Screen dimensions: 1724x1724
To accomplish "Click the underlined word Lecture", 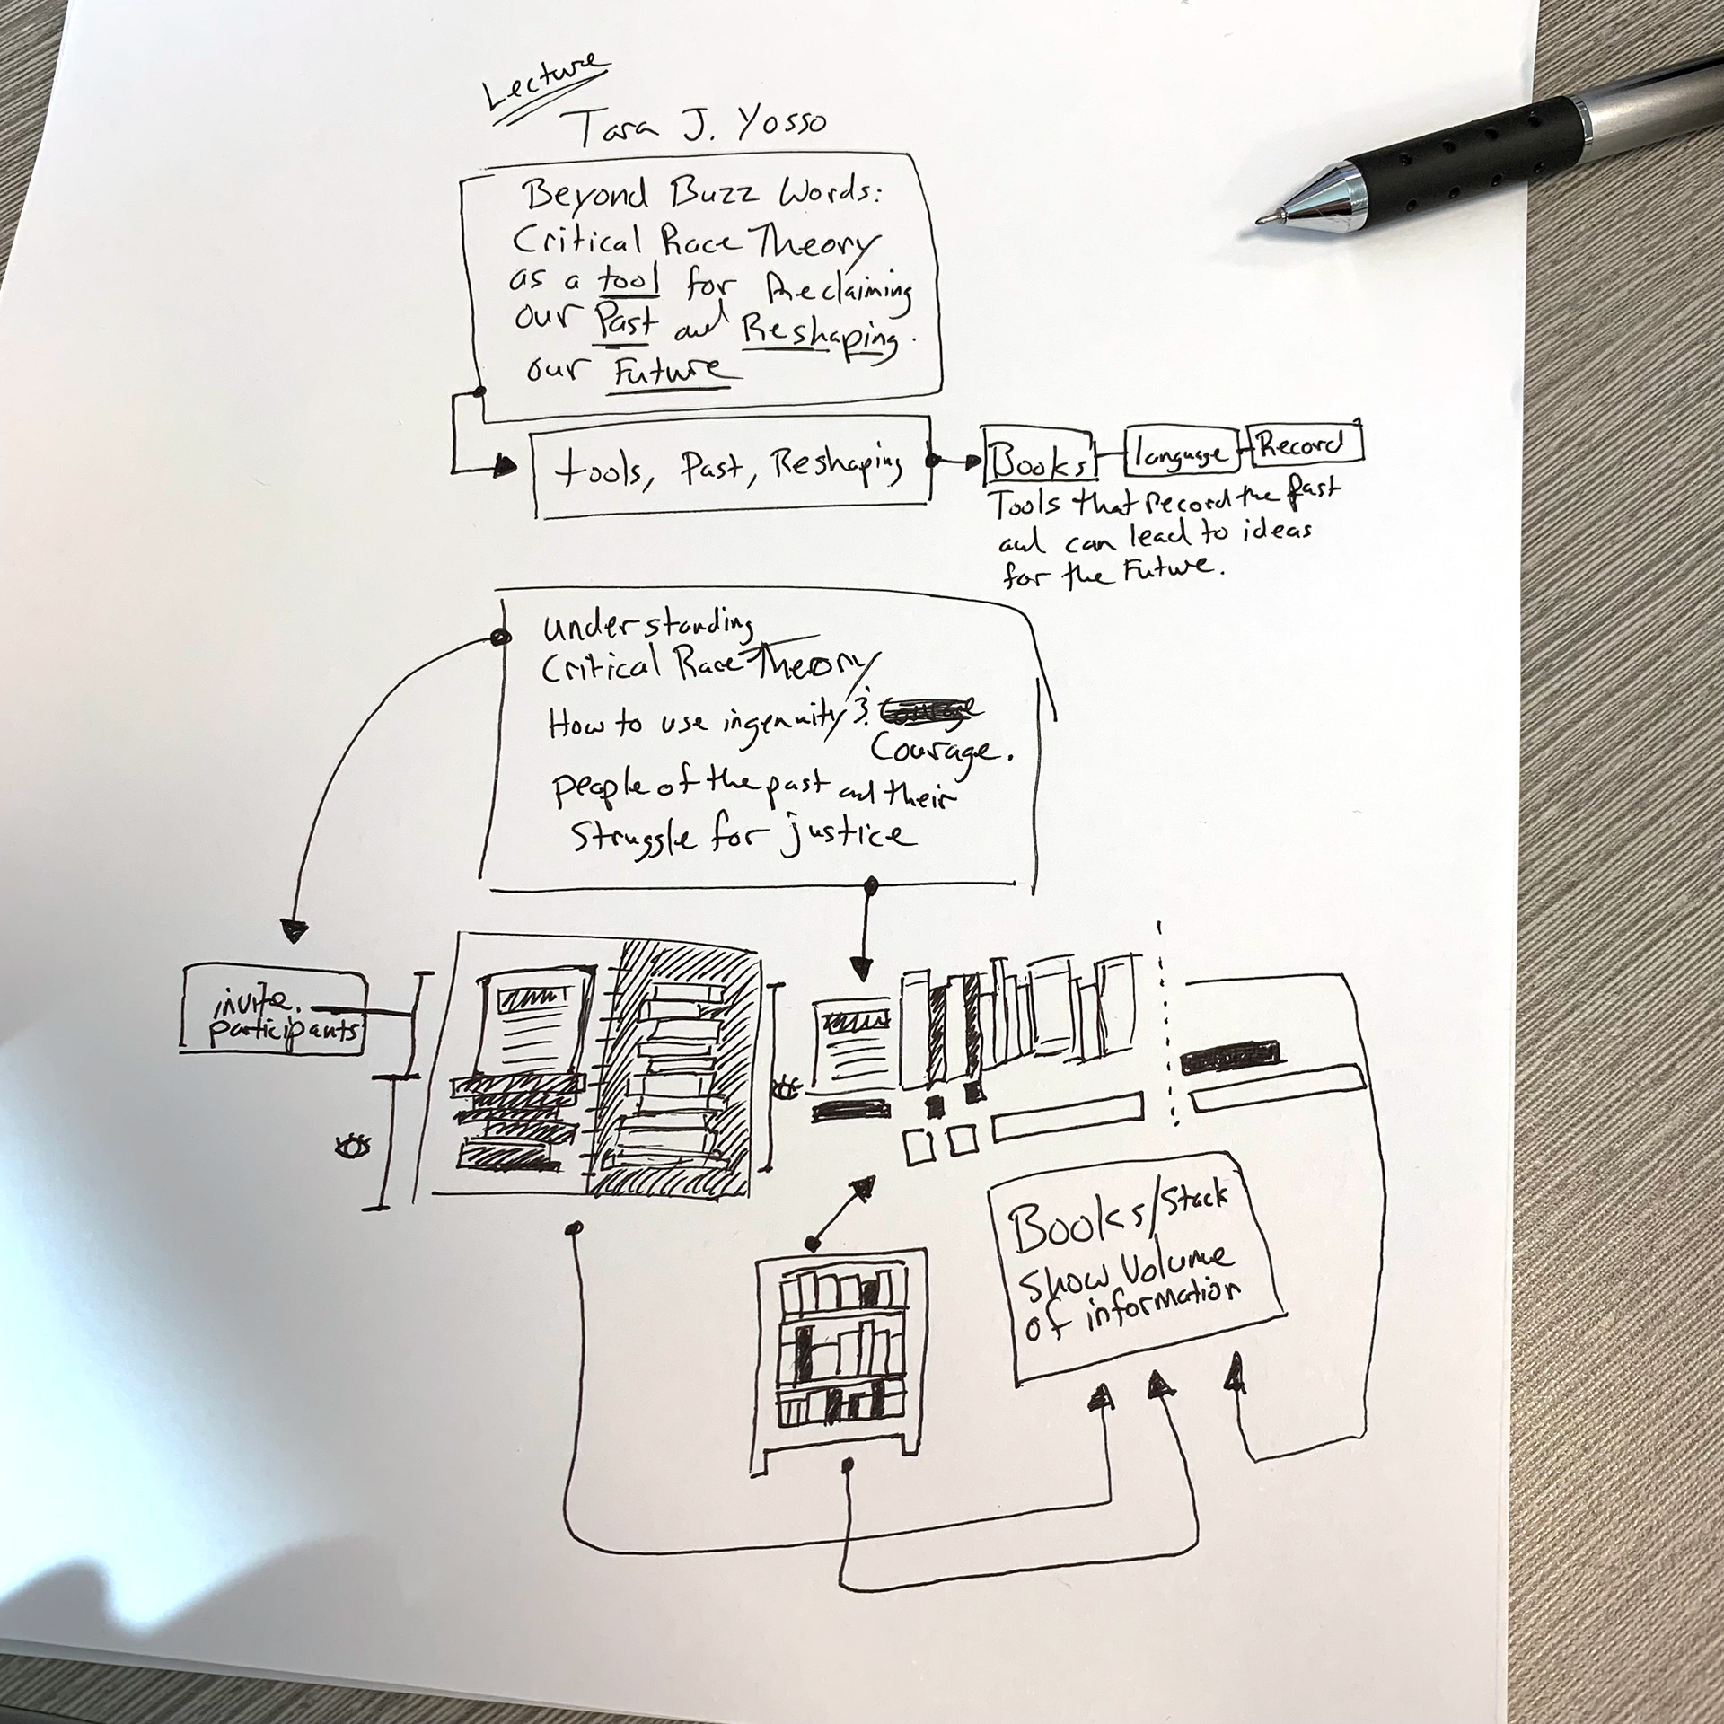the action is point(543,83).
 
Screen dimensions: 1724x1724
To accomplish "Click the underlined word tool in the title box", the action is point(629,282).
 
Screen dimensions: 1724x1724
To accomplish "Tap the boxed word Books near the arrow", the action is point(1040,462).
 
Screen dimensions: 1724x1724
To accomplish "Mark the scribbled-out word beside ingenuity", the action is point(929,710).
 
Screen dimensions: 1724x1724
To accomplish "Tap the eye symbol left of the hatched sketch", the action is point(351,1147).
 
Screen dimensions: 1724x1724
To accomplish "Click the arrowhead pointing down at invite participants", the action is point(294,931).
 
